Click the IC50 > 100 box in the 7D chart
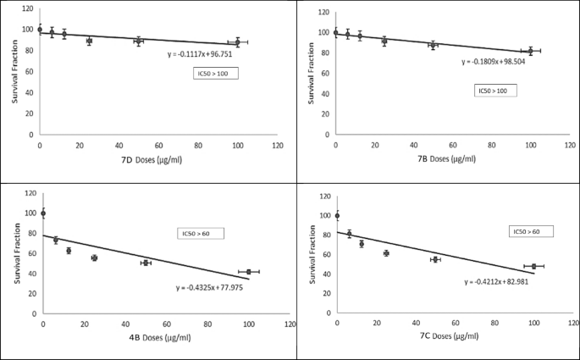pyautogui.click(x=215, y=74)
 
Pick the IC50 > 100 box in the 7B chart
pyautogui.click(x=495, y=90)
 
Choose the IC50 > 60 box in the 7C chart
pyautogui.click(x=531, y=231)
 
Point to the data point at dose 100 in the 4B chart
pyautogui.click(x=249, y=272)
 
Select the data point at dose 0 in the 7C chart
pyautogui.click(x=338, y=216)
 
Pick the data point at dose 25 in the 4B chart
pyautogui.click(x=95, y=258)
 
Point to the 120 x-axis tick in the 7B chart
pyautogui.click(x=571, y=144)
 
